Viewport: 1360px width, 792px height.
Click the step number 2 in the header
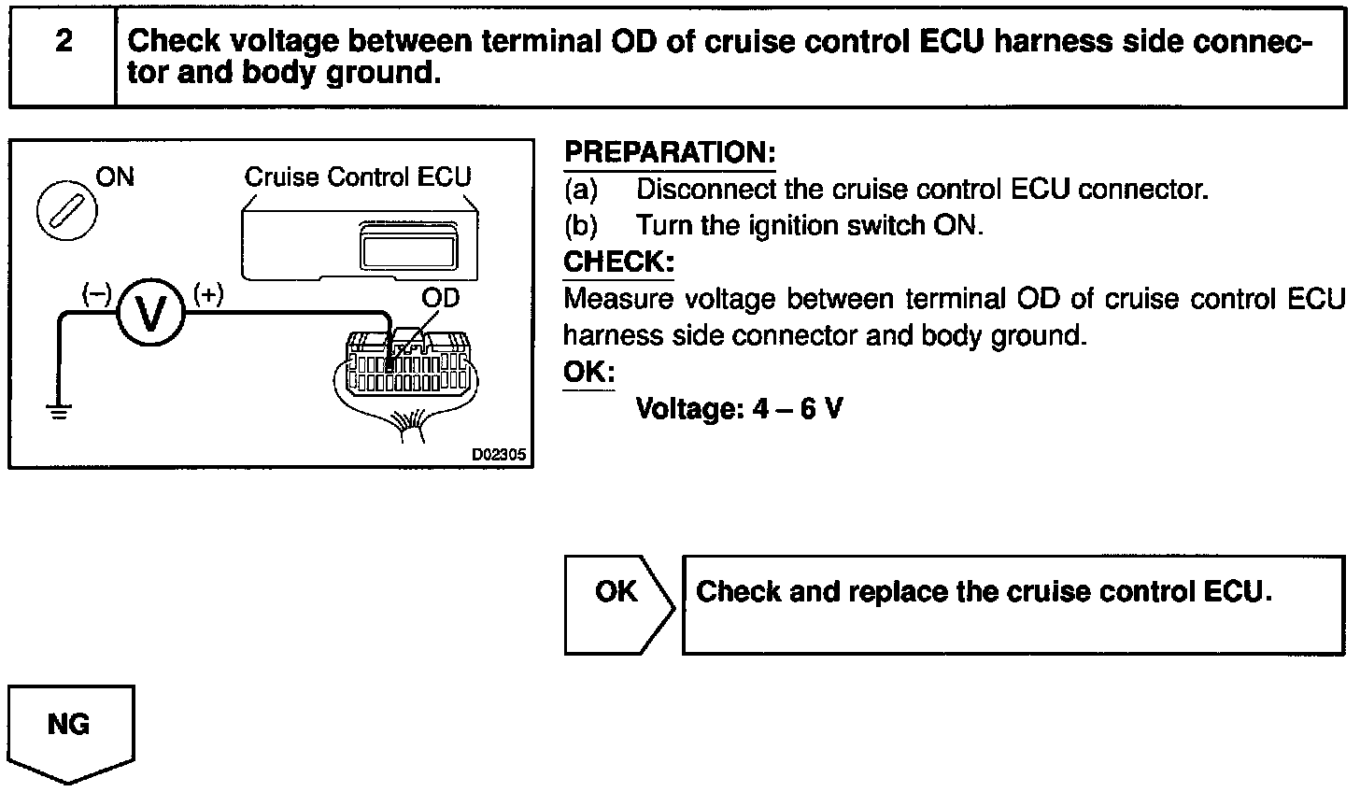click(64, 42)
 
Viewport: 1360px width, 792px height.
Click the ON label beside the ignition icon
click(115, 177)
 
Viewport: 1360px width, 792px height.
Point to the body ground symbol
click(60, 410)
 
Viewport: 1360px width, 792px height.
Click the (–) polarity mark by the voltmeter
click(95, 294)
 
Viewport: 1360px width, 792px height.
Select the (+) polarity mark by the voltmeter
click(207, 294)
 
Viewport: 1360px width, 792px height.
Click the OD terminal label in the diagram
click(440, 299)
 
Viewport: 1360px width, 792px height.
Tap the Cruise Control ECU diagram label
click(358, 177)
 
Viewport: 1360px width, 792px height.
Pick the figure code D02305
click(499, 456)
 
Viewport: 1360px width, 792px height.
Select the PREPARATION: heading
click(670, 153)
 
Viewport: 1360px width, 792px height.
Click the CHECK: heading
click(618, 262)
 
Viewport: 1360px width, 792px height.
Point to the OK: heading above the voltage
click(589, 373)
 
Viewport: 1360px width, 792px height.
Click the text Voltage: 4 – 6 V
click(739, 408)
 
